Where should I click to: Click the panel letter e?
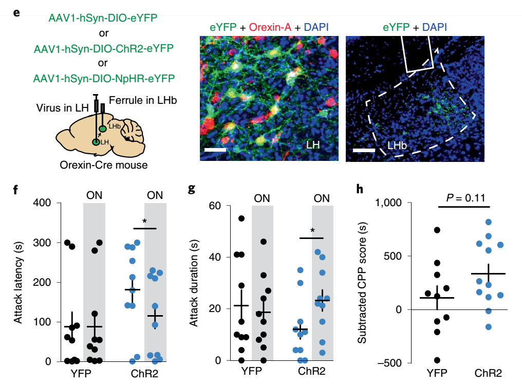pos(17,10)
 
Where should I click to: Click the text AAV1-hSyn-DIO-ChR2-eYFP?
pos(103,49)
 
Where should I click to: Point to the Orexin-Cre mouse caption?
pos(103,165)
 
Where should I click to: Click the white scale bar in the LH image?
pos(214,150)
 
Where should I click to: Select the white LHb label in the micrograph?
pos(398,146)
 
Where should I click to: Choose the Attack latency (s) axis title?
pos(18,282)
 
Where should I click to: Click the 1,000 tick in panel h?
pos(391,203)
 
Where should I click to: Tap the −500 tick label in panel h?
pos(392,363)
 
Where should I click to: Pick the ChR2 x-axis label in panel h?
pos(488,374)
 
